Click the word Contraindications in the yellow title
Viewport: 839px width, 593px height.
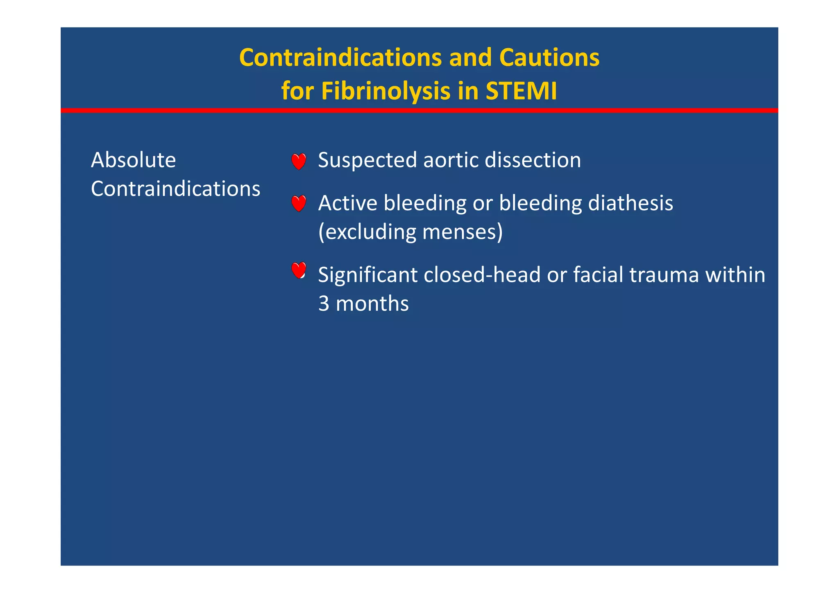340,57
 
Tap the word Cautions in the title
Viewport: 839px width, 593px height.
549,57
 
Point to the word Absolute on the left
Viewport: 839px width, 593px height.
133,160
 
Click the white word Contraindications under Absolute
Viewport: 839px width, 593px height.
175,189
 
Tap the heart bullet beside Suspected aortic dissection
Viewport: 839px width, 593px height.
299,161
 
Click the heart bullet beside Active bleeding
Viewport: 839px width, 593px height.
299,203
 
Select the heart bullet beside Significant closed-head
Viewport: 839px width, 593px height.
299,270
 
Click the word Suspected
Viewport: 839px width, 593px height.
367,160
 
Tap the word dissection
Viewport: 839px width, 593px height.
533,160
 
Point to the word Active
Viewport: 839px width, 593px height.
347,203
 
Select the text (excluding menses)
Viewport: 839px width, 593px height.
410,232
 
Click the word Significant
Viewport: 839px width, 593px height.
367,275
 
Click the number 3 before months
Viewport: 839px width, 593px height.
324,304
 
